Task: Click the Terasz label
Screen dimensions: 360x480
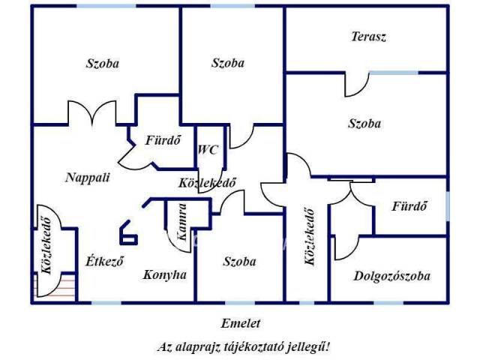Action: [368, 37]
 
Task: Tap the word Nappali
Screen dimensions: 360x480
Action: [88, 178]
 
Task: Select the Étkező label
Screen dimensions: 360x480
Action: [104, 262]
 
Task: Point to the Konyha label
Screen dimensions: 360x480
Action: [164, 274]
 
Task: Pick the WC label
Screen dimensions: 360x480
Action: [208, 150]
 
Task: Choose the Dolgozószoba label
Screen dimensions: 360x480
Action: [391, 276]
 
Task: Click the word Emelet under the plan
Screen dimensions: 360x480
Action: [240, 323]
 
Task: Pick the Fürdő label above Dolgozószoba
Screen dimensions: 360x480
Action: [411, 205]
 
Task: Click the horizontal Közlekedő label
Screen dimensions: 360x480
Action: [208, 182]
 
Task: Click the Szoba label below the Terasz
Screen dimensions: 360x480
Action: [364, 123]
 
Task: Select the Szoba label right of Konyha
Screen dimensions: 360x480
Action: [239, 262]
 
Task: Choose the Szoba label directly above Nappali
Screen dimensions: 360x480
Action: [102, 64]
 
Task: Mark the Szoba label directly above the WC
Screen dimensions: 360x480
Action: [227, 64]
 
